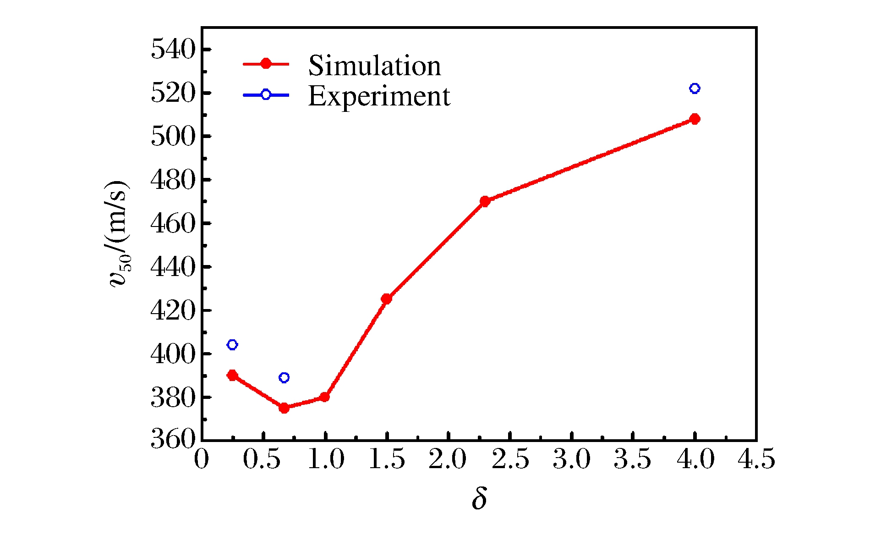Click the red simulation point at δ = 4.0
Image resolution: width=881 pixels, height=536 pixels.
[695, 119]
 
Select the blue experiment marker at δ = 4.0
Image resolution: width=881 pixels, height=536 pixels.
[695, 88]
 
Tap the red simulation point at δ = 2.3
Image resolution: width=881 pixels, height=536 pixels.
[485, 201]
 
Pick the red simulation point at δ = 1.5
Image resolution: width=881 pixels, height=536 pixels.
[386, 299]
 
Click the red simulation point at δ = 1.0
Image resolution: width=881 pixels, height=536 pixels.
[324, 397]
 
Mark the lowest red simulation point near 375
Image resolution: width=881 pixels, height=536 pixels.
[284, 408]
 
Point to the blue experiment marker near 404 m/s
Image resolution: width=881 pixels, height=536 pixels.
[232, 345]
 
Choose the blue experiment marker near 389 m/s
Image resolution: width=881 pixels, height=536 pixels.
[284, 378]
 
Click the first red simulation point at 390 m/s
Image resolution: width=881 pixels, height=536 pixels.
[232, 376]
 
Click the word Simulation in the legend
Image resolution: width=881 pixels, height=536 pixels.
[374, 66]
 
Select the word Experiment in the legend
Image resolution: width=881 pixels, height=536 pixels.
[379, 96]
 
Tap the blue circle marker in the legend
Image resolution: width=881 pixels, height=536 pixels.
[266, 95]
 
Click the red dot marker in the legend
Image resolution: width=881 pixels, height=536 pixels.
[266, 64]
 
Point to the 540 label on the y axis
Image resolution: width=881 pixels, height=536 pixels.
[173, 50]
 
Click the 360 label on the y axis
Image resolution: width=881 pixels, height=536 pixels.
[173, 439]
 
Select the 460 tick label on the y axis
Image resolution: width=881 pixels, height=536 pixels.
[173, 224]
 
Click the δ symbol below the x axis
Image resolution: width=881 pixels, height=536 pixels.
[479, 498]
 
